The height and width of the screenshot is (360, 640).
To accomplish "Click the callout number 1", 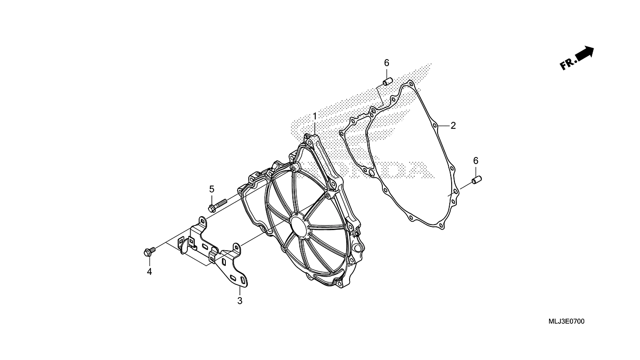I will [x=315, y=116].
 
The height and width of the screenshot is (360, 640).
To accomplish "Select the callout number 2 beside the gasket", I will [x=453, y=126].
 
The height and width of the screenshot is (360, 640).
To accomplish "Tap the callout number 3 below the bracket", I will [x=239, y=301].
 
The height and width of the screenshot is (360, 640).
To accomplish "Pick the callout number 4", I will [x=149, y=271].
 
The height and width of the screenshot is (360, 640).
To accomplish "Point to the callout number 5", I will [x=212, y=189].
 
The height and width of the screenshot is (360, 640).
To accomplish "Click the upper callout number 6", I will [x=387, y=63].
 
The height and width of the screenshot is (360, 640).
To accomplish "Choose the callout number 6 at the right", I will [x=476, y=161].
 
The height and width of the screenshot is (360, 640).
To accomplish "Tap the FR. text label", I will [x=568, y=64].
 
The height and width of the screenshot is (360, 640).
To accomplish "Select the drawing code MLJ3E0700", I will [x=566, y=322].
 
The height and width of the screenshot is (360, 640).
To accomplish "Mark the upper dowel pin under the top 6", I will [x=387, y=82].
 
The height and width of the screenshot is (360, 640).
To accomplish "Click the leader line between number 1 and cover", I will [x=315, y=128].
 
